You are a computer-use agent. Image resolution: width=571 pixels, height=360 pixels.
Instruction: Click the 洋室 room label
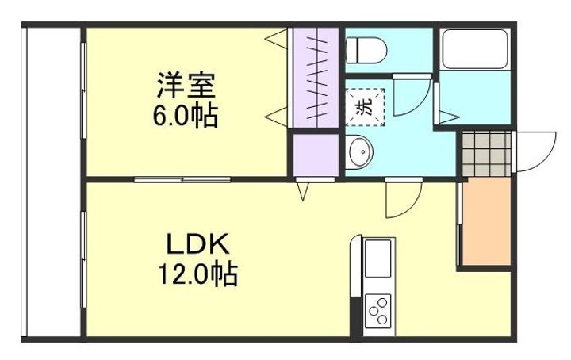pos(187,83)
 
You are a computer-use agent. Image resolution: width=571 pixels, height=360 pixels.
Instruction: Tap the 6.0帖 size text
pos(186,117)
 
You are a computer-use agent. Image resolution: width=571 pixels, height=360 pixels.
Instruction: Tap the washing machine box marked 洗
pos(364,106)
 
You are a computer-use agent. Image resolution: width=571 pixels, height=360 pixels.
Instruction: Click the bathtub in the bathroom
pos(473,49)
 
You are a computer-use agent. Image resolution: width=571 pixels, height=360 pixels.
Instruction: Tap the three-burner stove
pos(377,310)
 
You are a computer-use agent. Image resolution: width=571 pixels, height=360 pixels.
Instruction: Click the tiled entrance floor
pos(485,152)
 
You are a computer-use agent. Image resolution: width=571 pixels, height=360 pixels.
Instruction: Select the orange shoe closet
pos(485,221)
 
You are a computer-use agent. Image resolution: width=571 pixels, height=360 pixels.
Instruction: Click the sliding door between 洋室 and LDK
pos(182,179)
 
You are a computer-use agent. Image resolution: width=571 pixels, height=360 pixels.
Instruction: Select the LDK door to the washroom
pos(400,199)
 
